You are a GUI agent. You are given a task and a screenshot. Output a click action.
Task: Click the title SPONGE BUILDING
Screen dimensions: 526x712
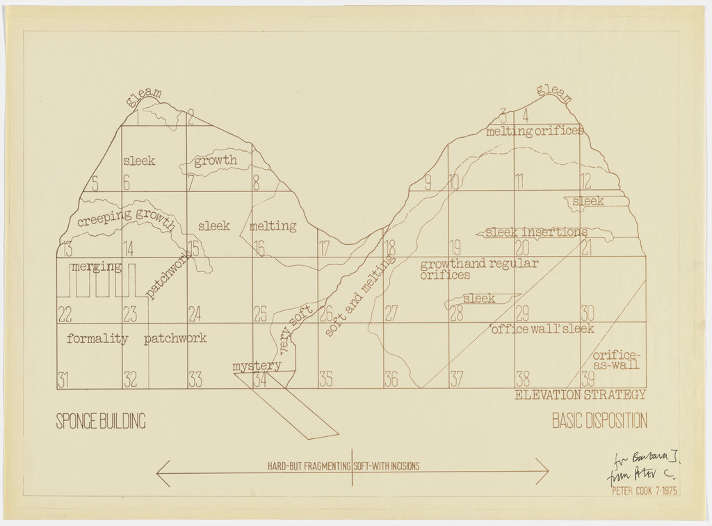pos(101,421)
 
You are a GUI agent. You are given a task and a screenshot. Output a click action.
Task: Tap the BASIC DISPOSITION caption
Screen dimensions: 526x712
pos(599,421)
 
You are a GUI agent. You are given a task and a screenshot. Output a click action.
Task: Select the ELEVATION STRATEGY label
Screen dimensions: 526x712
pos(581,395)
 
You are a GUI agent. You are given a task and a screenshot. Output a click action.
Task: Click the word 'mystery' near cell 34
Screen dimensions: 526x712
pos(257,366)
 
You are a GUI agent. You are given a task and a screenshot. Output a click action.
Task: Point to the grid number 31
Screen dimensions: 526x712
pos(63,380)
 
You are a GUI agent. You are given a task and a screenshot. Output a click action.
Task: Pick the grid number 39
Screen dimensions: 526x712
pos(588,379)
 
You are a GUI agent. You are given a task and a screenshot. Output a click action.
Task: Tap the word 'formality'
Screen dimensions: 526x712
pos(97,340)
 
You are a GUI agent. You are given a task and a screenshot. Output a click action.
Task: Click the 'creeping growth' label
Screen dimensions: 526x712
pos(126,217)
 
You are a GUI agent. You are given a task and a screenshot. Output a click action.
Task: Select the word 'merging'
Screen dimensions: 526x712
pos(96,266)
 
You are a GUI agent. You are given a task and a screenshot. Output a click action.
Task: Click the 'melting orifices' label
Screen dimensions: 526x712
pos(535,131)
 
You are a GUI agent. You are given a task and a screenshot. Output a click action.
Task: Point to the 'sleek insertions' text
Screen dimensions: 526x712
pos(536,232)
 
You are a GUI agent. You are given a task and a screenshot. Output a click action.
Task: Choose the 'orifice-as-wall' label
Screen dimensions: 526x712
pos(616,359)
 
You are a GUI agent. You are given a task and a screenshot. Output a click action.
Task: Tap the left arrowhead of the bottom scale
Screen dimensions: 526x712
pos(159,473)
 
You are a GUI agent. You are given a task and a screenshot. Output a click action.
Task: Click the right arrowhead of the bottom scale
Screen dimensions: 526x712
pos(547,473)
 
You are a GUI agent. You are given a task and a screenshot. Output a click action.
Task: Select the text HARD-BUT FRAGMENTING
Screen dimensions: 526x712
pos(309,467)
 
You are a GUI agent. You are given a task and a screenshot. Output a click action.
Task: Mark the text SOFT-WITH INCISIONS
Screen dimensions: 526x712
pos(387,467)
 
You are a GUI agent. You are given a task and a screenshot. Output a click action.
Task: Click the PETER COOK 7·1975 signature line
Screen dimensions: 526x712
pos(644,491)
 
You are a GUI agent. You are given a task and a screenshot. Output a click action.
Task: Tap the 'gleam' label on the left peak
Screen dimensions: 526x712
pos(144,97)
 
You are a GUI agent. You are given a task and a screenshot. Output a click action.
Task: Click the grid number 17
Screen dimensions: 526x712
pos(325,248)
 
